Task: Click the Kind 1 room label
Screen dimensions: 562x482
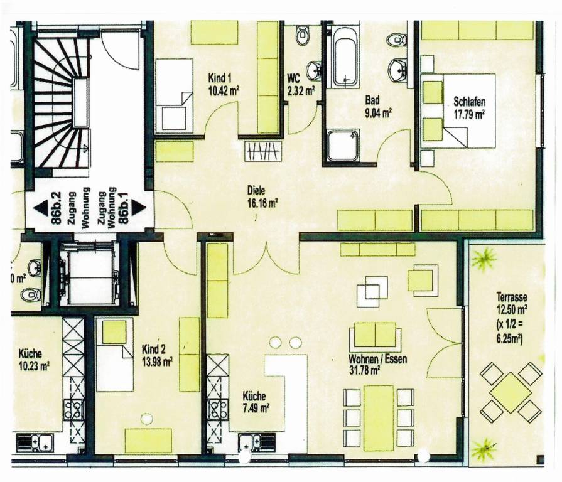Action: point(219,78)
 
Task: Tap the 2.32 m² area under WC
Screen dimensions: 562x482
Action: point(301,91)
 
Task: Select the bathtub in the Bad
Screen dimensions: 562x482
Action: point(345,58)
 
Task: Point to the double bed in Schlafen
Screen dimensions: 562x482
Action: point(468,111)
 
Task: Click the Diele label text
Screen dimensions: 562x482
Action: point(256,191)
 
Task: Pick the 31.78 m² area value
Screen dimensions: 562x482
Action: point(364,370)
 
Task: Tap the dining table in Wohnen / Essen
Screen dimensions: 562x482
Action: point(379,418)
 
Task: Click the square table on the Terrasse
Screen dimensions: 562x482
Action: point(511,392)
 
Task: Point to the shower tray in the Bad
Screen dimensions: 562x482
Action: point(343,146)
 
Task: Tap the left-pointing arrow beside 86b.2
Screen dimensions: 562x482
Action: point(41,208)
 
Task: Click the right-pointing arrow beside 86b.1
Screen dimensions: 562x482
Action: point(138,208)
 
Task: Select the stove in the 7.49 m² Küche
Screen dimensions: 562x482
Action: point(217,409)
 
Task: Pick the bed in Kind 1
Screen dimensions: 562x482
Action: point(175,95)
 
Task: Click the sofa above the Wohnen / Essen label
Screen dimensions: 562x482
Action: point(375,335)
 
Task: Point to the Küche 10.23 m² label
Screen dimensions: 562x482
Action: point(34,360)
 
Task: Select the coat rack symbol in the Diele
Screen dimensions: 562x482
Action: point(262,151)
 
